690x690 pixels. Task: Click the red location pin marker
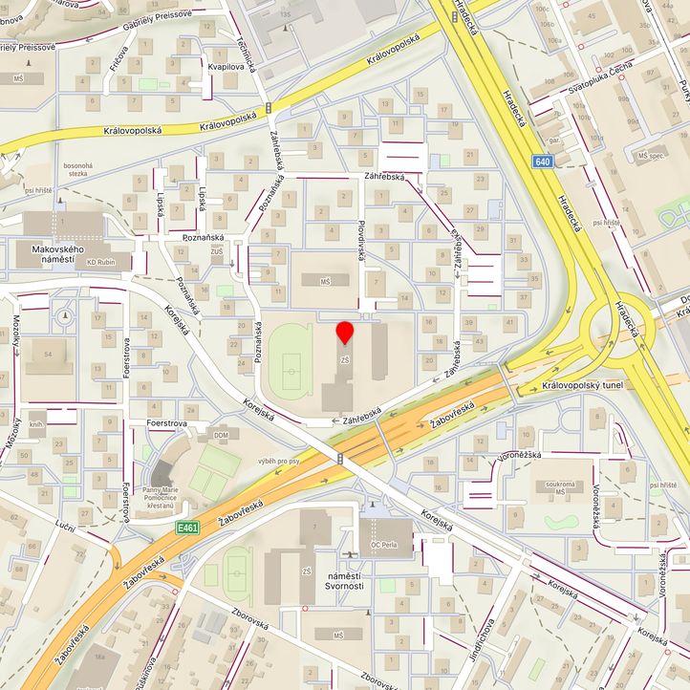coord(345,333)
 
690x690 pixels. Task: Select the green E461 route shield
coord(186,528)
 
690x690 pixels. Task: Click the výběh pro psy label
coord(278,461)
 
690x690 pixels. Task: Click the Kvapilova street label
coord(226,68)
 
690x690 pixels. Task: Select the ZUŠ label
coord(216,251)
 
